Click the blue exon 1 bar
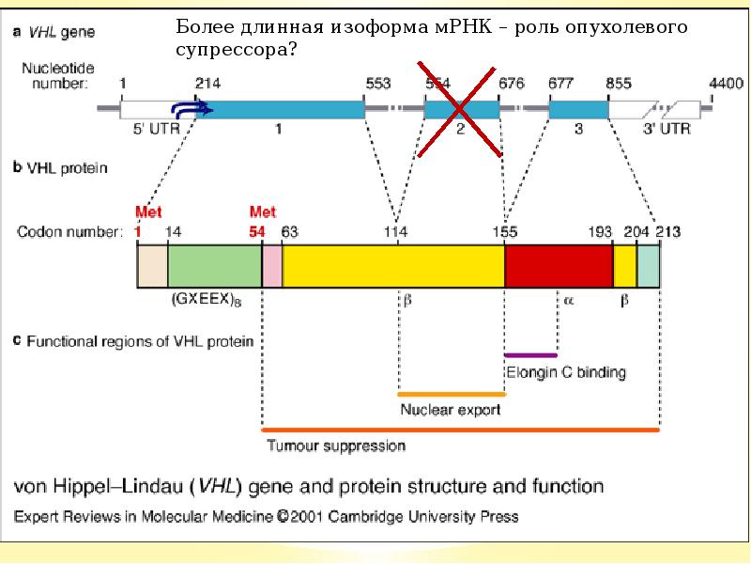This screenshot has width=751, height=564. coord(282,109)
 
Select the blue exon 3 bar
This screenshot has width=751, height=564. coord(577,109)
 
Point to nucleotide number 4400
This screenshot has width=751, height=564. coord(726,84)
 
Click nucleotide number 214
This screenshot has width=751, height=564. coord(207,84)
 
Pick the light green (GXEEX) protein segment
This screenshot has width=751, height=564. coord(214,264)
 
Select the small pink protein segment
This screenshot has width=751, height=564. coord(272,264)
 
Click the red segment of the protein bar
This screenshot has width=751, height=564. coord(559,264)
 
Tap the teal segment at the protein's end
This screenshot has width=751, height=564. coord(649,264)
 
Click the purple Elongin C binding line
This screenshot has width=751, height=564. coord(530,355)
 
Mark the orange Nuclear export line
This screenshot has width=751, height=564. coord(452,394)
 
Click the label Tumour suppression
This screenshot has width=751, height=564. coord(336,446)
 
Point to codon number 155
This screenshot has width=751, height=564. coord(506,229)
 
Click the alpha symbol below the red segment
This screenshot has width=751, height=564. coord(569,301)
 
